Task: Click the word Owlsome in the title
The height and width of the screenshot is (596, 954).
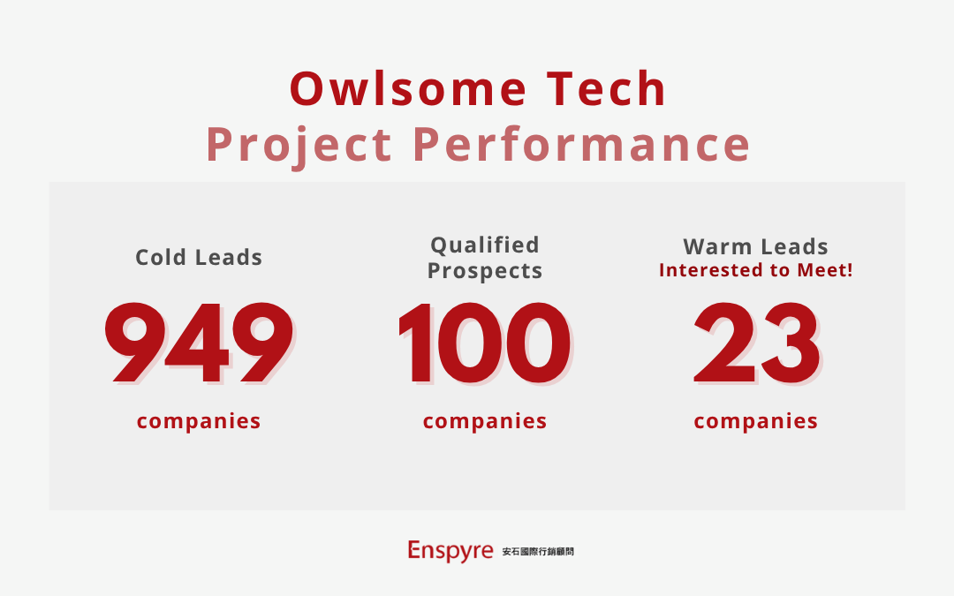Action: (x=407, y=89)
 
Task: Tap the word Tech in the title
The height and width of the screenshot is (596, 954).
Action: (x=606, y=89)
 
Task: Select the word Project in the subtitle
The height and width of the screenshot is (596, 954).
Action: (x=299, y=146)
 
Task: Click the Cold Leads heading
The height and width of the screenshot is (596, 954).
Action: (x=199, y=257)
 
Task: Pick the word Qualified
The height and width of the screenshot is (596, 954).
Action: (x=485, y=245)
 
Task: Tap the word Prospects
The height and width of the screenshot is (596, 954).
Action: (x=485, y=271)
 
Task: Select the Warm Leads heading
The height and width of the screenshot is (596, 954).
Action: (x=755, y=247)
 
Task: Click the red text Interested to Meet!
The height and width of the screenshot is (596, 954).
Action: (x=755, y=270)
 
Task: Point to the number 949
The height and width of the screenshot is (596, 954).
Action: (x=199, y=343)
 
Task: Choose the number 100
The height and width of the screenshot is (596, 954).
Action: (x=485, y=343)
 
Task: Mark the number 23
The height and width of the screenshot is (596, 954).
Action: (x=757, y=343)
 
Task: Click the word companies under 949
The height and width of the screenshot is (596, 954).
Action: (x=199, y=421)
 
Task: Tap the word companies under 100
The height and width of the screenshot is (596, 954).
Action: (x=485, y=421)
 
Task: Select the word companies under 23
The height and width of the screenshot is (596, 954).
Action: (x=755, y=421)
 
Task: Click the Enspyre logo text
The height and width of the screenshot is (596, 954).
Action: (x=450, y=551)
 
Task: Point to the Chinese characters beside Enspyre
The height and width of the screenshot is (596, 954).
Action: (x=538, y=552)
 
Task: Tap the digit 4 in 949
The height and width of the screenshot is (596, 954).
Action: (x=198, y=343)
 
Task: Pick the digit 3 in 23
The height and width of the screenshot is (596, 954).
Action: (x=791, y=343)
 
